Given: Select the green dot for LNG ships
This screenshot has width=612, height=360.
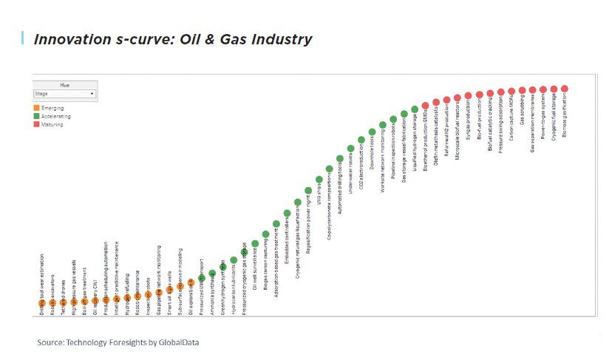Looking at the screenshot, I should pos(319,180).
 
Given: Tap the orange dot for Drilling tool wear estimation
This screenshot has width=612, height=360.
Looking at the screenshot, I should pos(42,301).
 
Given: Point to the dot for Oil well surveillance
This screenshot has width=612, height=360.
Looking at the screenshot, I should pos(255,243).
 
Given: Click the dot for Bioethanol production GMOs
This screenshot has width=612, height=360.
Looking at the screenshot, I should pos(425,106).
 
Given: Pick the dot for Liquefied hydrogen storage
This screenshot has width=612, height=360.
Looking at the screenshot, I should pos(415,109).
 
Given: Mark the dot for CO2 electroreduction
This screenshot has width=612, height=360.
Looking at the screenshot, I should pos(361,139).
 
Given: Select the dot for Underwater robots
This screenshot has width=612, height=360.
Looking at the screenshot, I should pos(350,149).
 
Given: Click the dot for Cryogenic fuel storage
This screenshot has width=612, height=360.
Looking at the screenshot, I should pos(554,89).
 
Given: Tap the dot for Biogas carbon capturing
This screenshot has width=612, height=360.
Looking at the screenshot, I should pos(265,234).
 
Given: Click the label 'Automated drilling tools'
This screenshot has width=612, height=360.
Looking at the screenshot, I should pos(340,191).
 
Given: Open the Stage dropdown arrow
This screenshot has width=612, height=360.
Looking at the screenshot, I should pos(92,94).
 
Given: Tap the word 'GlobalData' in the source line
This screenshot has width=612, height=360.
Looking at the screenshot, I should pos(178,342).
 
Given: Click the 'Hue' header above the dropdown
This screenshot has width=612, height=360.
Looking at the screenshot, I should pos(64,84).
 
